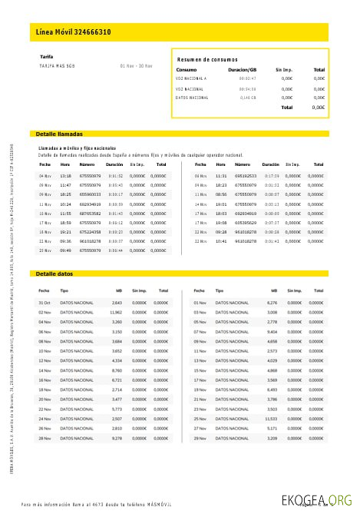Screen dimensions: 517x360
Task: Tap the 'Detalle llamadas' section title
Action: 59,134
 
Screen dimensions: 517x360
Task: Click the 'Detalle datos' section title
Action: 54,273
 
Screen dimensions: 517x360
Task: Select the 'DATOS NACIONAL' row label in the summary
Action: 192,98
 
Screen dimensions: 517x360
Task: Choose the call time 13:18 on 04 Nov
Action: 65,176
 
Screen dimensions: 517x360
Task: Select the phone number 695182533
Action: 246,176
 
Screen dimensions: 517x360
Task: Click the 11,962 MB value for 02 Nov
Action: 116,313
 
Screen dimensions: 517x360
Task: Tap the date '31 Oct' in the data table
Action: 45,303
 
